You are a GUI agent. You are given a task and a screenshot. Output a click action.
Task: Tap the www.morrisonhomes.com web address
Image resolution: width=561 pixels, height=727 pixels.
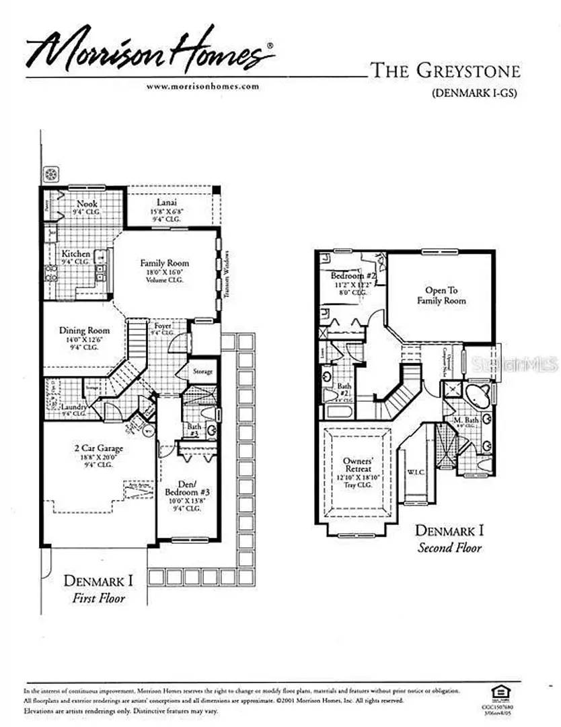pos(202,86)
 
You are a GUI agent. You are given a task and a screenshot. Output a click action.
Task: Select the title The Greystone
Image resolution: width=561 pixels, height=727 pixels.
pos(445,69)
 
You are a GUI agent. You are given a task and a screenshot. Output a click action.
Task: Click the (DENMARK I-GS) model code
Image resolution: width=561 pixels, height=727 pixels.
pos(474,94)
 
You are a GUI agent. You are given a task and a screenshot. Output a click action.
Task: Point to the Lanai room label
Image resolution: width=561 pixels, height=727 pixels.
pos(168,201)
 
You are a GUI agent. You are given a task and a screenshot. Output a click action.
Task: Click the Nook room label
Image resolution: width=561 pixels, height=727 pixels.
pos(87,203)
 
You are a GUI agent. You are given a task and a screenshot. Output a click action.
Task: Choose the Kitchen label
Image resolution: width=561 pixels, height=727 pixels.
pos(76,254)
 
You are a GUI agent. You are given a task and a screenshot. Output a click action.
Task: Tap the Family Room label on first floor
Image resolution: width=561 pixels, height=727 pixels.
pos(165,263)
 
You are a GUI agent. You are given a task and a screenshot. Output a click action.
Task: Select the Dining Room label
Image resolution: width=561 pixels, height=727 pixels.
pos(84,331)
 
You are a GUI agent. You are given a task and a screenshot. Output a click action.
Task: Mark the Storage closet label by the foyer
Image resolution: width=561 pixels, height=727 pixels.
pos(202,371)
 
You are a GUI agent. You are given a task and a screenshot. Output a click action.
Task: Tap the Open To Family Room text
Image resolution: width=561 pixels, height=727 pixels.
pos(441,296)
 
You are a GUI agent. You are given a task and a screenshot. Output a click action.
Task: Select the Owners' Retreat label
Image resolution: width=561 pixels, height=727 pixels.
pos(357,464)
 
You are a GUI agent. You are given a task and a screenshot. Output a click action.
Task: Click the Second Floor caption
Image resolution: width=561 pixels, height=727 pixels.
pos(449,547)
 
